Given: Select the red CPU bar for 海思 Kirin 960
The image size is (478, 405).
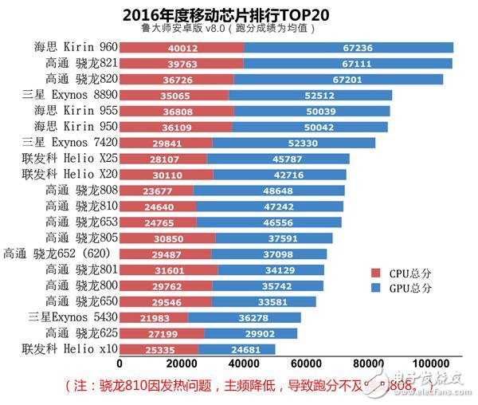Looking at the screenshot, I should (x=182, y=48).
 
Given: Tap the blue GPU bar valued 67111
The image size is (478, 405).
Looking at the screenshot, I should (x=348, y=63).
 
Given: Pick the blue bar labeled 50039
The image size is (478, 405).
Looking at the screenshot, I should (x=310, y=109).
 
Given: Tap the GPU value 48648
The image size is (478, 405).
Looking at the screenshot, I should (x=268, y=190).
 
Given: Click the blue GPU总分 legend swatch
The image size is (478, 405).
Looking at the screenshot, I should (x=374, y=288).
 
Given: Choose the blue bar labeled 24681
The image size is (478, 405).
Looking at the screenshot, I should (x=237, y=348).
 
